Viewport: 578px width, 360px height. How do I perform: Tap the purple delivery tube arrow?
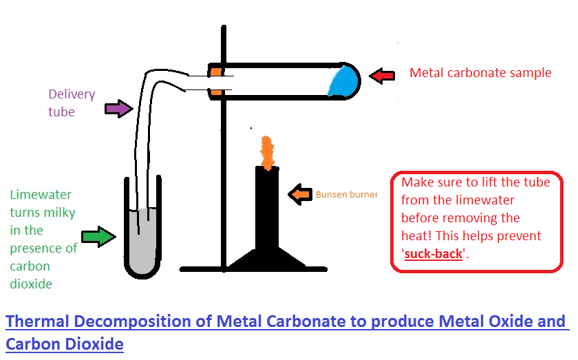(118, 109)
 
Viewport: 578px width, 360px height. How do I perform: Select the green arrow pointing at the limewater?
(98, 237)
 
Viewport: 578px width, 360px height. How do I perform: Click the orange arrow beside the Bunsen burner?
(300, 195)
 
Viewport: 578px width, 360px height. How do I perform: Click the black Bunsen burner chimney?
(267, 207)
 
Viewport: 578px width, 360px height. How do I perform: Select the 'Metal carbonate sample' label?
(480, 72)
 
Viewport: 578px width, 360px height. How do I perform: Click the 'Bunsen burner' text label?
(346, 195)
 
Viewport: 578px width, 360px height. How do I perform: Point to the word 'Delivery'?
(72, 94)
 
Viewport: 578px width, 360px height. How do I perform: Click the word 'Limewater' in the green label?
(41, 195)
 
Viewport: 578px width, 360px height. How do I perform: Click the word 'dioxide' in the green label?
(31, 284)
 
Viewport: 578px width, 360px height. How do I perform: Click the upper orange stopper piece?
(216, 71)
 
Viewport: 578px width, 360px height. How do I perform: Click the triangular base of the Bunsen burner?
(267, 259)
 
